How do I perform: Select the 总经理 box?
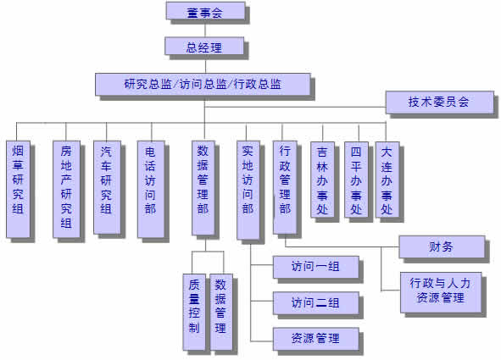click(204, 46)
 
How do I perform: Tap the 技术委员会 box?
click(440, 102)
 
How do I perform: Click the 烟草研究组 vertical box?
click(18, 189)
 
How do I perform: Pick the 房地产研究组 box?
click(66, 189)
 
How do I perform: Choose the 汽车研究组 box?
click(107, 188)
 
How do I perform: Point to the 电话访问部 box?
click(151, 189)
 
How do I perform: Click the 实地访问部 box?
click(248, 191)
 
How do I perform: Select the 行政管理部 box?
click(285, 188)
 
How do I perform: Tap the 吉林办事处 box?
click(323, 180)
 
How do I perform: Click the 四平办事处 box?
click(357, 180)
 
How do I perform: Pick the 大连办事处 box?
click(387, 180)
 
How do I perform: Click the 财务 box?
click(443, 247)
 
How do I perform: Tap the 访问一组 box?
click(316, 267)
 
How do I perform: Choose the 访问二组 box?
click(316, 303)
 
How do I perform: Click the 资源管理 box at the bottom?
click(316, 339)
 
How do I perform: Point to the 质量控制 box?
click(194, 312)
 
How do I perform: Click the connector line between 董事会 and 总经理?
click(205, 29)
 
